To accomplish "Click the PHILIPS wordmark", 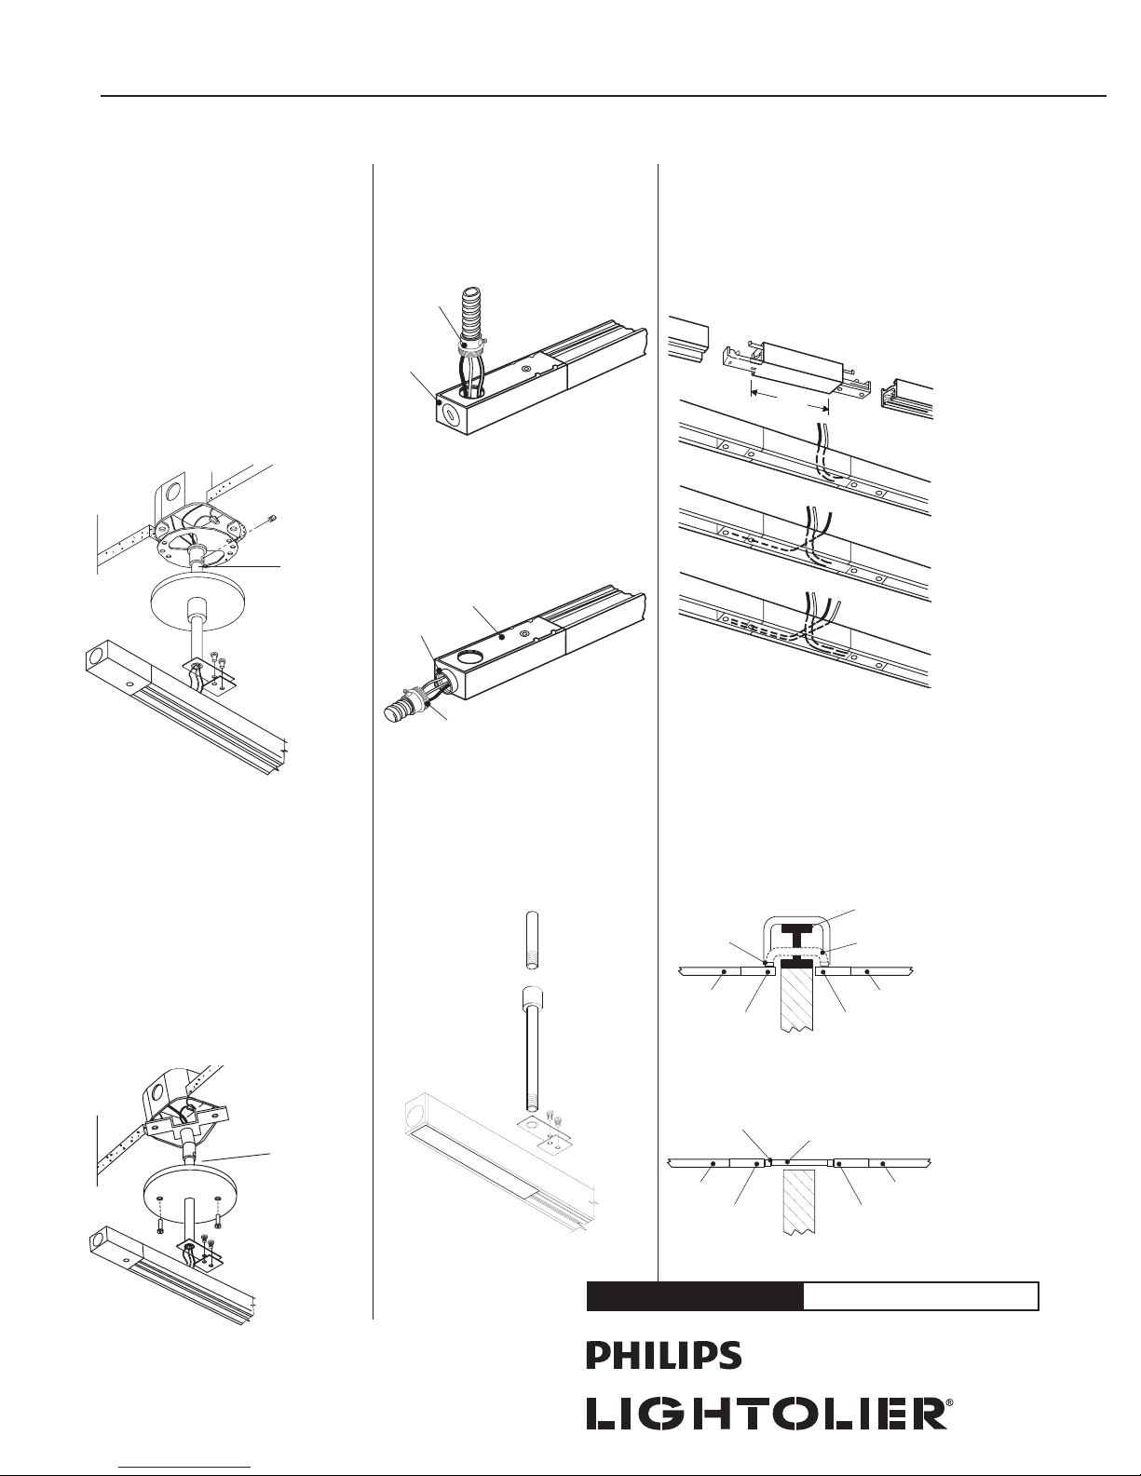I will tap(663, 1356).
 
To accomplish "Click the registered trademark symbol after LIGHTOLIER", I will tap(948, 1408).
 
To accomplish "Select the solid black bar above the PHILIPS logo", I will tap(695, 1296).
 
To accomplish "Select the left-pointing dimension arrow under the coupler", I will tap(756, 393).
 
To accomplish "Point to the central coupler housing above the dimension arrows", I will tap(803, 359).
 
